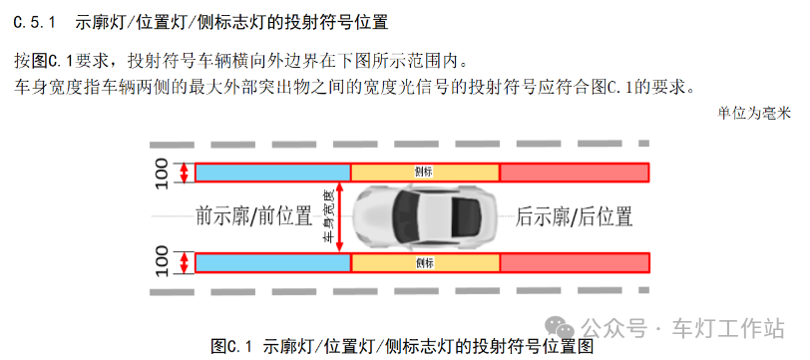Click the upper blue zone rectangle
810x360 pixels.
pyautogui.click(x=272, y=173)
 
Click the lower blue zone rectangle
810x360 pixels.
pyautogui.click(x=272, y=263)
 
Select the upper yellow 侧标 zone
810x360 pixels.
pyautogui.click(x=425, y=173)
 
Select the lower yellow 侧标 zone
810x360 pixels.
pyautogui.click(x=425, y=263)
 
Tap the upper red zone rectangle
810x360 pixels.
pyautogui.click(x=574, y=173)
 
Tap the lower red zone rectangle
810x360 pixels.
pyautogui.click(x=574, y=263)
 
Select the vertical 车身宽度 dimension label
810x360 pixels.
pyautogui.click(x=328, y=217)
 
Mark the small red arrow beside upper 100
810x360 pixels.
pyautogui.click(x=184, y=173)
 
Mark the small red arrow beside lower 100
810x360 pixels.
pyautogui.click(x=184, y=263)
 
